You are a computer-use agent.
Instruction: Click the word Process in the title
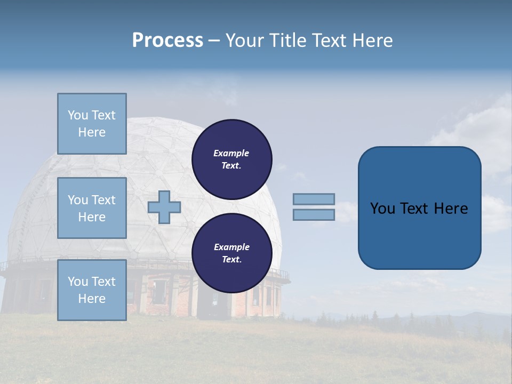click(x=167, y=41)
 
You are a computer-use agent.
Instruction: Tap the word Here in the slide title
click(x=372, y=41)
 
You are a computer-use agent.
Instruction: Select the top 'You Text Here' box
click(x=92, y=124)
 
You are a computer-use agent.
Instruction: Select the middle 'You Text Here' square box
click(x=92, y=208)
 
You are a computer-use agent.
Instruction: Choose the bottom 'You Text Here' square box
click(x=92, y=290)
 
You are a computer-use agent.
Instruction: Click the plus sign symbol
click(x=164, y=207)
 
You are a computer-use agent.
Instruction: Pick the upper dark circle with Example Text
click(x=231, y=159)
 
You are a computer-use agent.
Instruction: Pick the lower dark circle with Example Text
click(x=231, y=253)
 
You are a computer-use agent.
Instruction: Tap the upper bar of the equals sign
click(x=314, y=199)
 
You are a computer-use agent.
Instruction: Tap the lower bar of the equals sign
click(x=314, y=214)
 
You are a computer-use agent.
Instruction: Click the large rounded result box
click(x=419, y=235)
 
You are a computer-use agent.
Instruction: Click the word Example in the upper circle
click(x=231, y=153)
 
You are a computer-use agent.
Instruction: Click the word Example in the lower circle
click(x=231, y=247)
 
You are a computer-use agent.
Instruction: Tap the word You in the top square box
click(x=77, y=115)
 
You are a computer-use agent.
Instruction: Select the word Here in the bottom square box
click(x=92, y=299)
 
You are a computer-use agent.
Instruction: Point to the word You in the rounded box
click(x=382, y=209)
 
